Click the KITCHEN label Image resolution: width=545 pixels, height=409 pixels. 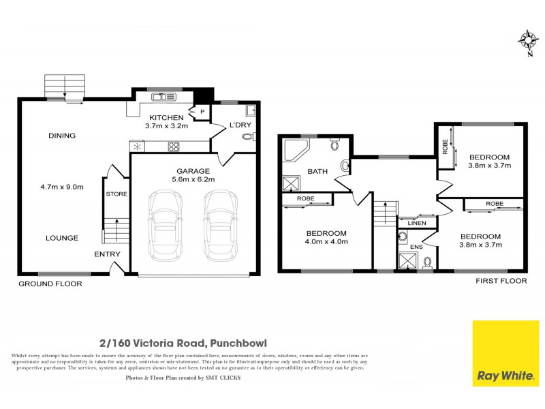point(167,117)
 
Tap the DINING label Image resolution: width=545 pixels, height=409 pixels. point(62,136)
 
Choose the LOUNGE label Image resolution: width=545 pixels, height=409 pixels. point(62,238)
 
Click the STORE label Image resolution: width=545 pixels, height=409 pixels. point(116,194)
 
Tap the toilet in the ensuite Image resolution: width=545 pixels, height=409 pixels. point(426,262)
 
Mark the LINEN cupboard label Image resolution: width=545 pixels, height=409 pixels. point(416,223)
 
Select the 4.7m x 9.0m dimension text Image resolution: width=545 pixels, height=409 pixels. point(62,185)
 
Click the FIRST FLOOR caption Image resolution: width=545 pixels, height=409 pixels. point(504,280)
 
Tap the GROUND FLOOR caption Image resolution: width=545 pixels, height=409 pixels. point(50,284)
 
